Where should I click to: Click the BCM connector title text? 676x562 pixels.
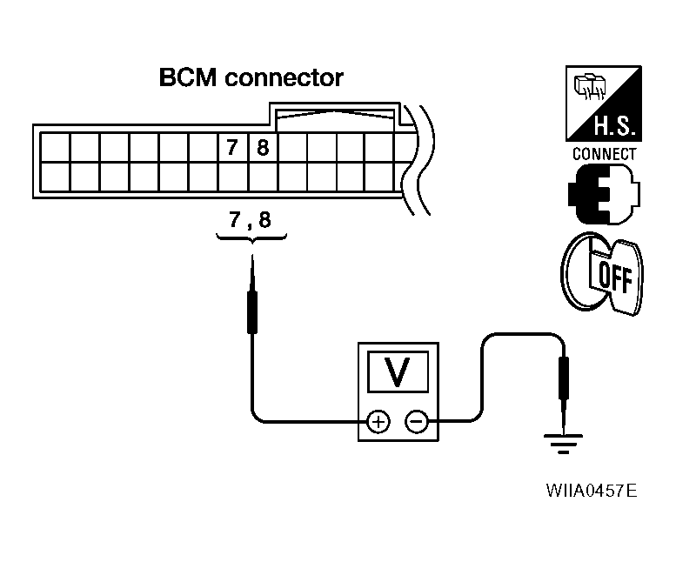point(251,78)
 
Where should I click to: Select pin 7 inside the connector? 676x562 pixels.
point(232,148)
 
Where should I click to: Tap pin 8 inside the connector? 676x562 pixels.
point(262,148)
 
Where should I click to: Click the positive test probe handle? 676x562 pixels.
point(251,310)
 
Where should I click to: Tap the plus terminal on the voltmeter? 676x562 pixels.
point(378,422)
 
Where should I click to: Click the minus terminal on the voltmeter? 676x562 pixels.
point(417,422)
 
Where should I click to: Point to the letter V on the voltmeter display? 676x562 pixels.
point(398,371)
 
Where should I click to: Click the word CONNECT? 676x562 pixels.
point(603,155)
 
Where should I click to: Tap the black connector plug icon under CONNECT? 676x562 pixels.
point(601,191)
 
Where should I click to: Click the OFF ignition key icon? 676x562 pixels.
point(601,274)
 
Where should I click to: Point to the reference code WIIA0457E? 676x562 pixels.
point(591,491)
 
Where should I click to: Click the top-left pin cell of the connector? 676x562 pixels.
point(54,146)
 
